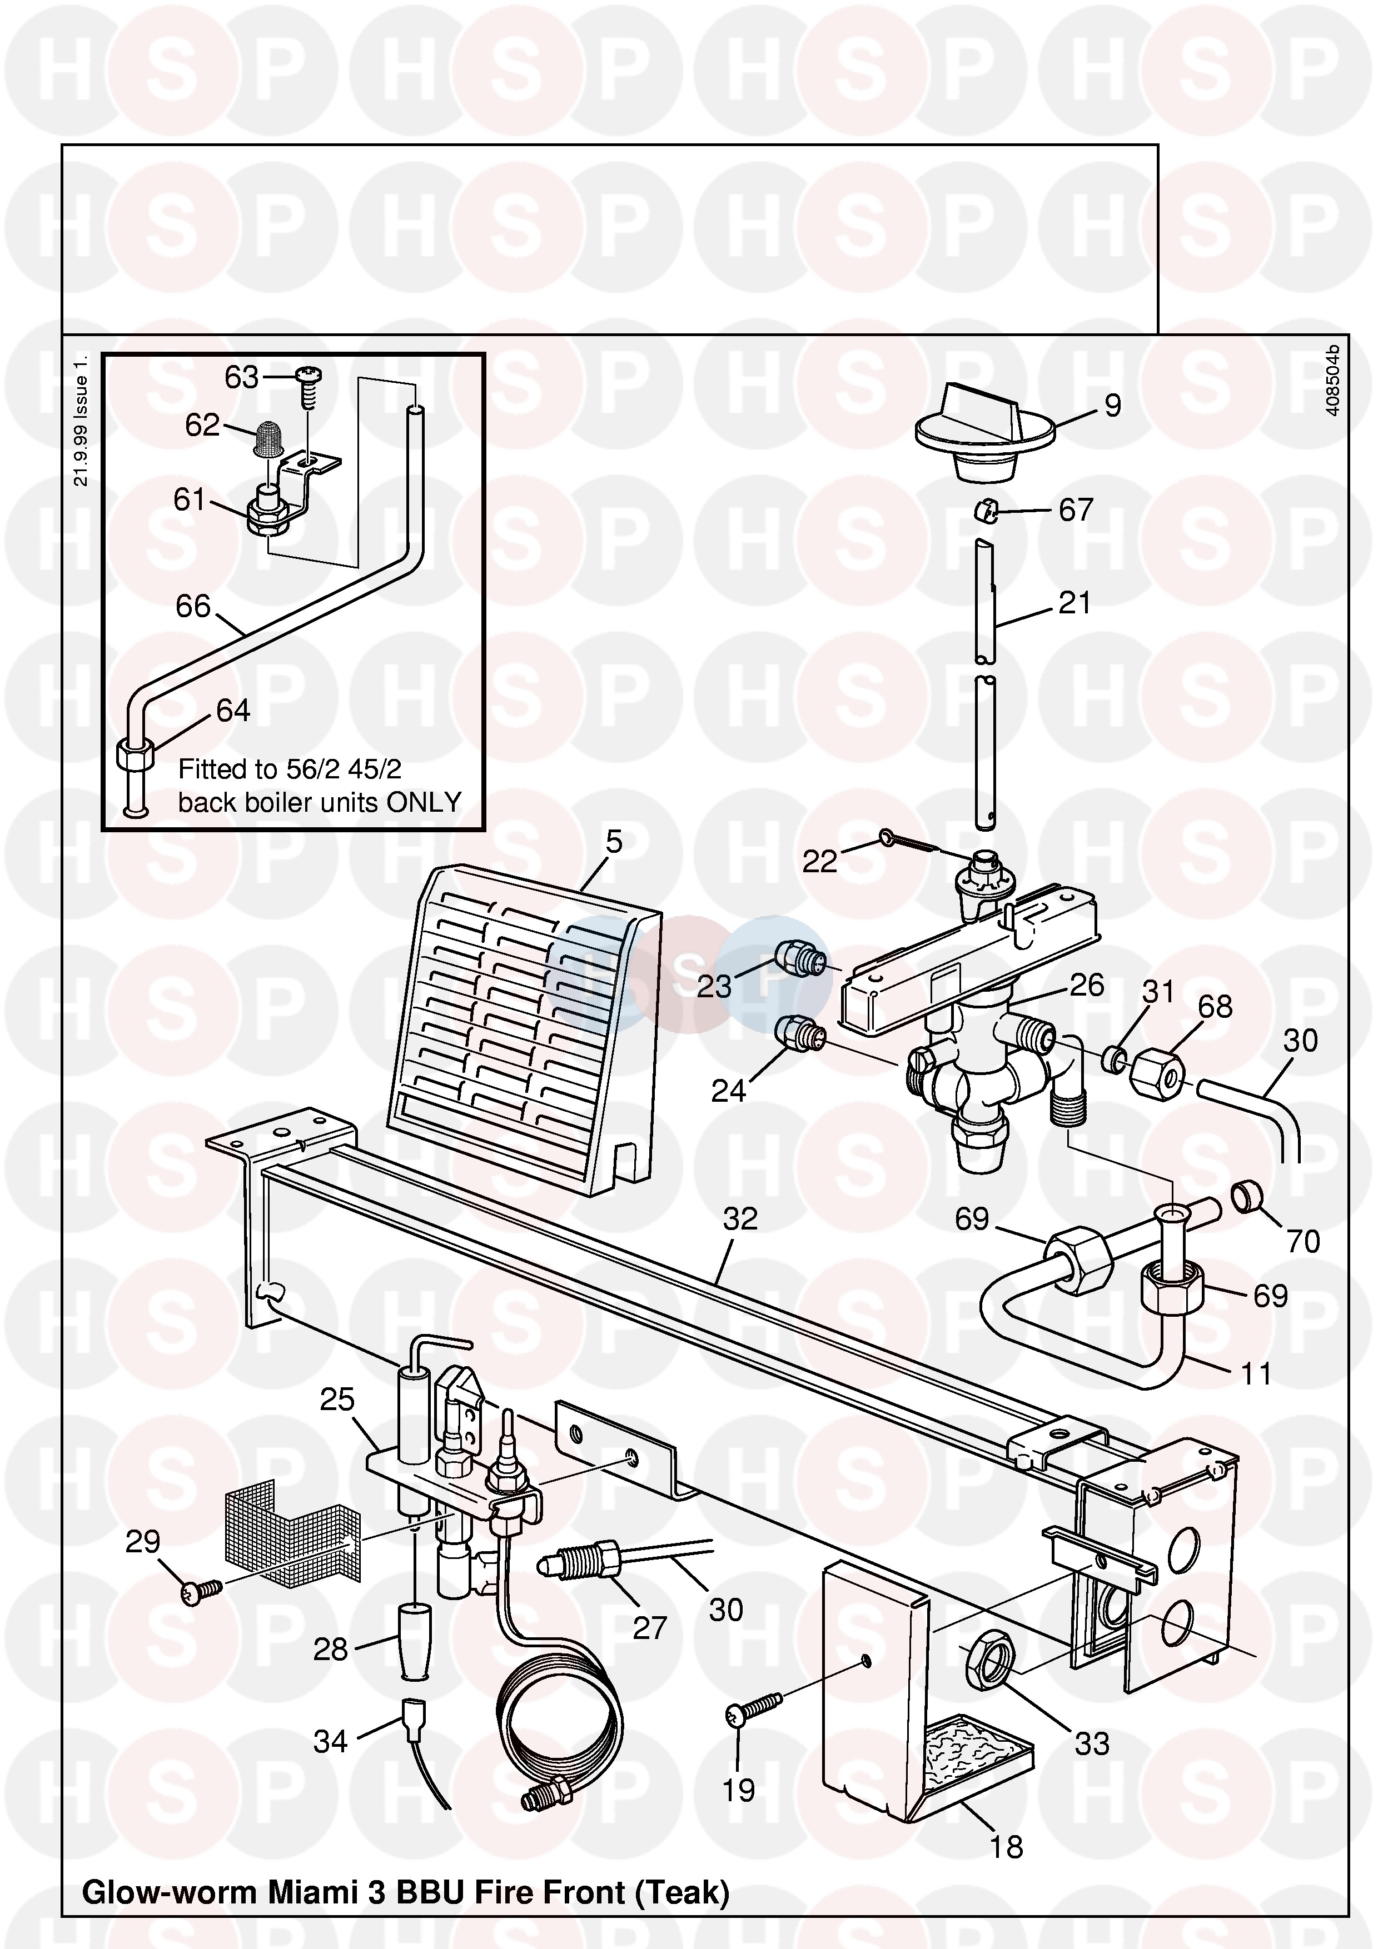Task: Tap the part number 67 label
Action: coord(1076,510)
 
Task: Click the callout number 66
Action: coord(193,606)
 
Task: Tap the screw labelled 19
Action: coord(753,1707)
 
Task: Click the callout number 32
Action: coord(739,1219)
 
